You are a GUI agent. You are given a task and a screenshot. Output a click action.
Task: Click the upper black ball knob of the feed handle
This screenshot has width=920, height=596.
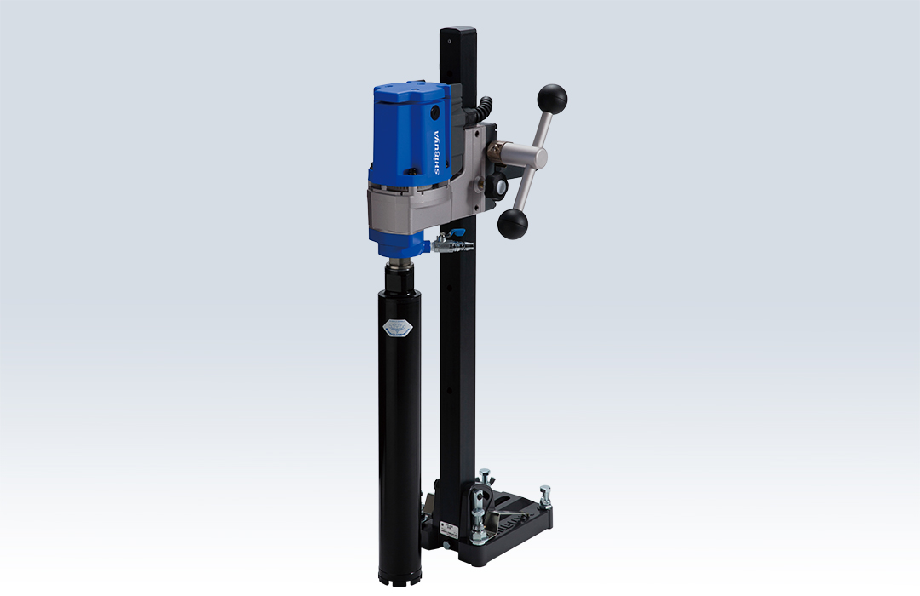pos(552,99)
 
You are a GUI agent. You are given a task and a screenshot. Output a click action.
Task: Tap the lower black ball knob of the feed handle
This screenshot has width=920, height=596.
pos(513,225)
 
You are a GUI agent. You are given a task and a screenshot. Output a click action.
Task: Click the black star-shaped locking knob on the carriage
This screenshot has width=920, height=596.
pos(499,185)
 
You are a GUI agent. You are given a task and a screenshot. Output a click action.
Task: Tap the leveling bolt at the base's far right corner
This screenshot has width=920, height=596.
pos(544,496)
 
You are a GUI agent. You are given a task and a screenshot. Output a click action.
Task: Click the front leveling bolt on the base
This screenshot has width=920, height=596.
pos(480,528)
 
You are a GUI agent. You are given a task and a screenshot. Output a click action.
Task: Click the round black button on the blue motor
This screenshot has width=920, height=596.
pos(435,112)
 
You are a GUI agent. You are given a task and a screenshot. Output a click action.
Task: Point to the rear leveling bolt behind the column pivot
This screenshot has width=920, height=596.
pos(484,476)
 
